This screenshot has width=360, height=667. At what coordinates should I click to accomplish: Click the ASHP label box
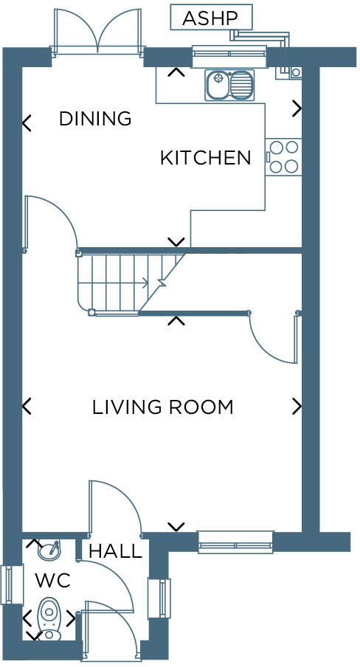pyautogui.click(x=211, y=17)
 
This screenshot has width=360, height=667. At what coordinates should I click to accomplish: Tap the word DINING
pyautogui.click(x=94, y=118)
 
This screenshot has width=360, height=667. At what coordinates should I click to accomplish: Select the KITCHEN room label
pyautogui.click(x=206, y=158)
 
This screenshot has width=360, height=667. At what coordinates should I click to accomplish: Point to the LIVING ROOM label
pyautogui.click(x=162, y=407)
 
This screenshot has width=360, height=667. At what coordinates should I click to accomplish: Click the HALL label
pyautogui.click(x=115, y=551)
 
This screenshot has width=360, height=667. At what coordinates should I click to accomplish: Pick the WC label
pyautogui.click(x=52, y=581)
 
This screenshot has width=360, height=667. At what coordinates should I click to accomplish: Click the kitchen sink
pyautogui.click(x=229, y=84)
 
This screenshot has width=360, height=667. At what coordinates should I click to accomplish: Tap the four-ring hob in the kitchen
pyautogui.click(x=284, y=156)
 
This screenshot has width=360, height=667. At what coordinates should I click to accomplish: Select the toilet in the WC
pyautogui.click(x=49, y=617)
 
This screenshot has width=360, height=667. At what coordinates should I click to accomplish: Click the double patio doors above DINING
pyautogui.click(x=97, y=33)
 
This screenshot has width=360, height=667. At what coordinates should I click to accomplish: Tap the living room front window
pyautogui.click(x=235, y=542)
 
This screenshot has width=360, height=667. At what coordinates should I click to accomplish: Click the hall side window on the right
pyautogui.click(x=163, y=598)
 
